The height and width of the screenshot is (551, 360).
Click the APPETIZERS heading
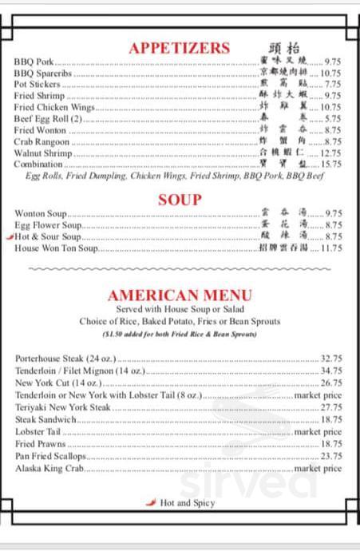(179, 48)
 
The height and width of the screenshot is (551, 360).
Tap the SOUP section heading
(180, 200)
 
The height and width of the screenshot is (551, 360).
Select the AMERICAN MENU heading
(180, 295)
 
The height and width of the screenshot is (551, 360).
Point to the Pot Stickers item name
(33, 84)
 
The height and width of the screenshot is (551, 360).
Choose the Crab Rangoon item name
(42, 141)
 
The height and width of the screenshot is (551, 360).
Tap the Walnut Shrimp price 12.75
(331, 153)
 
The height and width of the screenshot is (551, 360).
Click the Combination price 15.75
(331, 164)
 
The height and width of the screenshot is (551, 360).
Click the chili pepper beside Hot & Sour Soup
(9, 237)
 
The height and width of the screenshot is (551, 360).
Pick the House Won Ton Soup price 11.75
(331, 248)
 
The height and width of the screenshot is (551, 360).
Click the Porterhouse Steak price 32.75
(331, 359)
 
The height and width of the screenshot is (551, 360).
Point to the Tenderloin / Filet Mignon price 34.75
(331, 371)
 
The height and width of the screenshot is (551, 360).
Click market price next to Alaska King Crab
(318, 468)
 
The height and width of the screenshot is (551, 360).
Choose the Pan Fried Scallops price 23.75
(331, 456)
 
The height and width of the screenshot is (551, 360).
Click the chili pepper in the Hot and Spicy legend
(151, 502)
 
